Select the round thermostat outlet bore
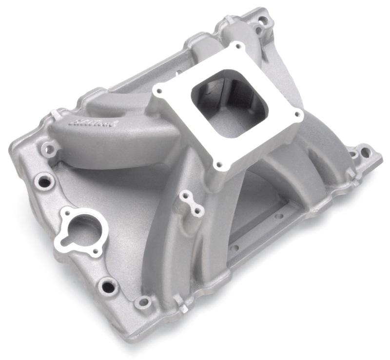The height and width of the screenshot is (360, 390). [80, 227]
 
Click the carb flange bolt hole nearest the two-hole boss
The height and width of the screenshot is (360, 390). [219, 165]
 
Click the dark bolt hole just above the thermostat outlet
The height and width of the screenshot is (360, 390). [44, 182]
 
